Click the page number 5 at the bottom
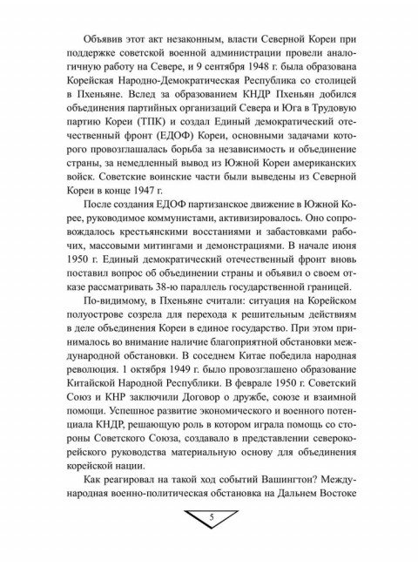(212, 519)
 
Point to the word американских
(313, 173)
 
